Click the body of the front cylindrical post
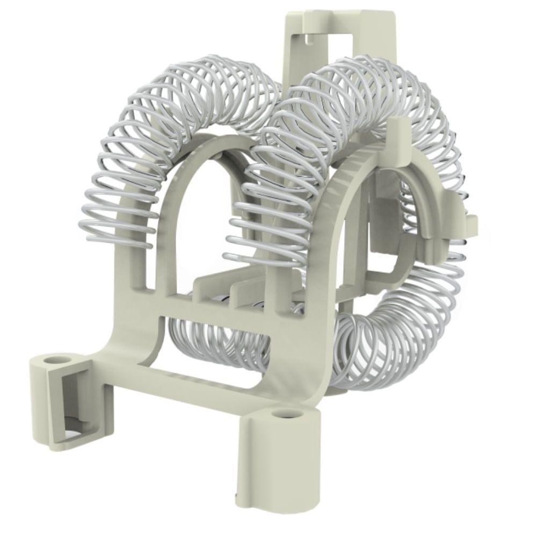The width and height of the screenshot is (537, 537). click(x=279, y=462)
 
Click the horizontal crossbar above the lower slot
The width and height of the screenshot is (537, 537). click(x=215, y=310)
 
